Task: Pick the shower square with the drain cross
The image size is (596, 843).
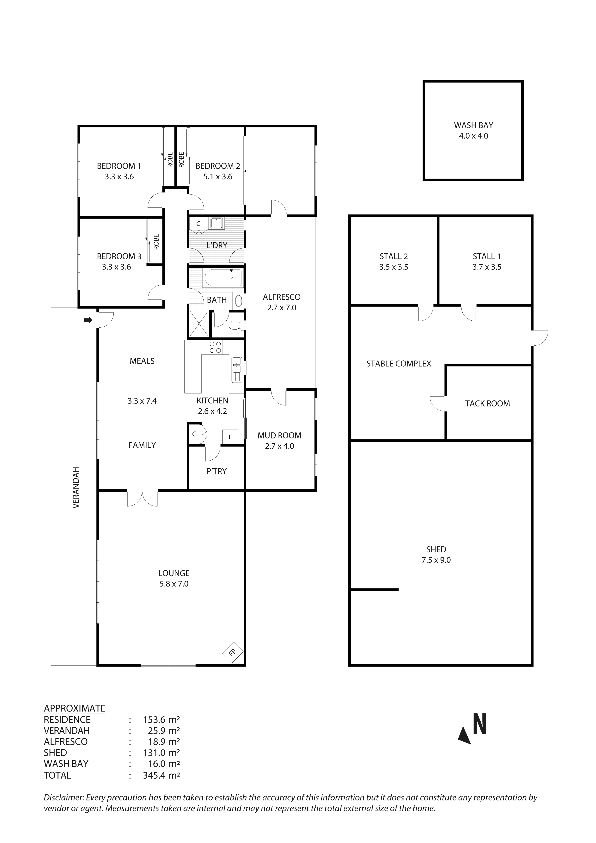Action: [x=199, y=324]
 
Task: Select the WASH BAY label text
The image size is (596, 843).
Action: [x=473, y=125]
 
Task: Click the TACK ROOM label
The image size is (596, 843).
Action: [x=487, y=404]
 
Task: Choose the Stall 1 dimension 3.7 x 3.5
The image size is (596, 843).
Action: [x=487, y=267]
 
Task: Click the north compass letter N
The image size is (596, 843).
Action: [x=480, y=724]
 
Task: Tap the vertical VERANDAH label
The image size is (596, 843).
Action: [x=76, y=487]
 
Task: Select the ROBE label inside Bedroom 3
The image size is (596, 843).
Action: [x=157, y=242]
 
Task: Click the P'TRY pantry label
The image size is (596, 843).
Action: [x=217, y=471]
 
